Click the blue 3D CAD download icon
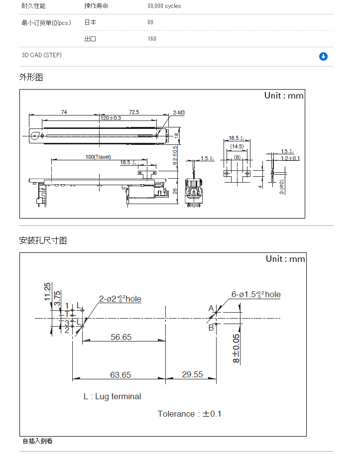(323, 56)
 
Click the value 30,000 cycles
(164, 6)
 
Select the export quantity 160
(152, 39)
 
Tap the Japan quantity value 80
(150, 22)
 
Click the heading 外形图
(31, 77)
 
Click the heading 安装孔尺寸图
(43, 240)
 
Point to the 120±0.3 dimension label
(111, 118)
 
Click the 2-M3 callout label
(179, 113)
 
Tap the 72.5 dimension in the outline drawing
(134, 113)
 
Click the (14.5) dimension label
(237, 146)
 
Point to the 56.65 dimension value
(121, 337)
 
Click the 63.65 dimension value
(120, 374)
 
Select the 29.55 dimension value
(192, 374)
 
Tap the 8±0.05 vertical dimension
(236, 347)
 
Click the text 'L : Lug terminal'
(112, 397)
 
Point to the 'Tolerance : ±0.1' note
(190, 414)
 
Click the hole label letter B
(211, 327)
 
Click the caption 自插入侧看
(38, 441)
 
